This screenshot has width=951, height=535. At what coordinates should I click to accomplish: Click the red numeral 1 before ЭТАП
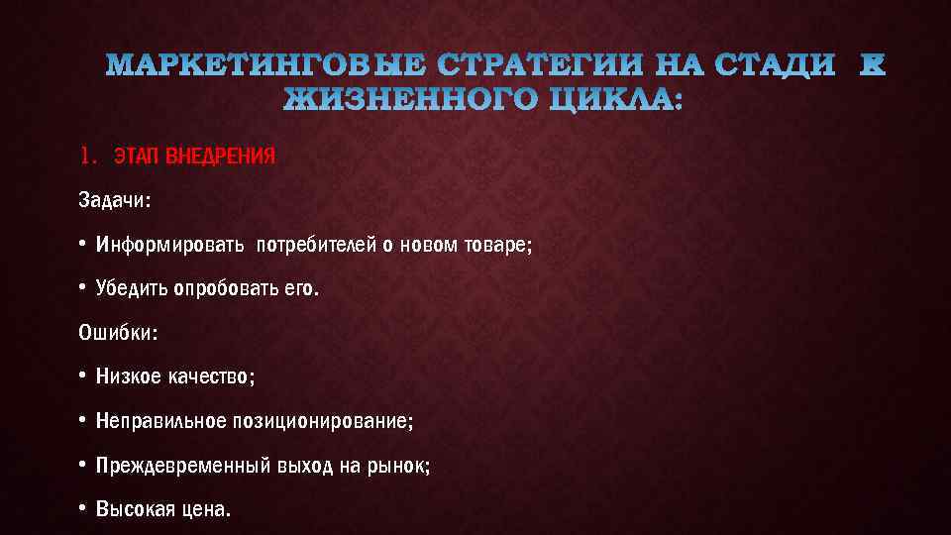(86, 156)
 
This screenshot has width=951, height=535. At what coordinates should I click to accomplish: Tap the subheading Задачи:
(114, 200)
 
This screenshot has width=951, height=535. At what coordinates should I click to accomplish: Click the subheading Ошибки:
(117, 333)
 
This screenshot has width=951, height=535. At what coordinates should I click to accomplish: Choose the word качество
(209, 377)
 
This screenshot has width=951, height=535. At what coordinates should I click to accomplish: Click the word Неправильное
(160, 421)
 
